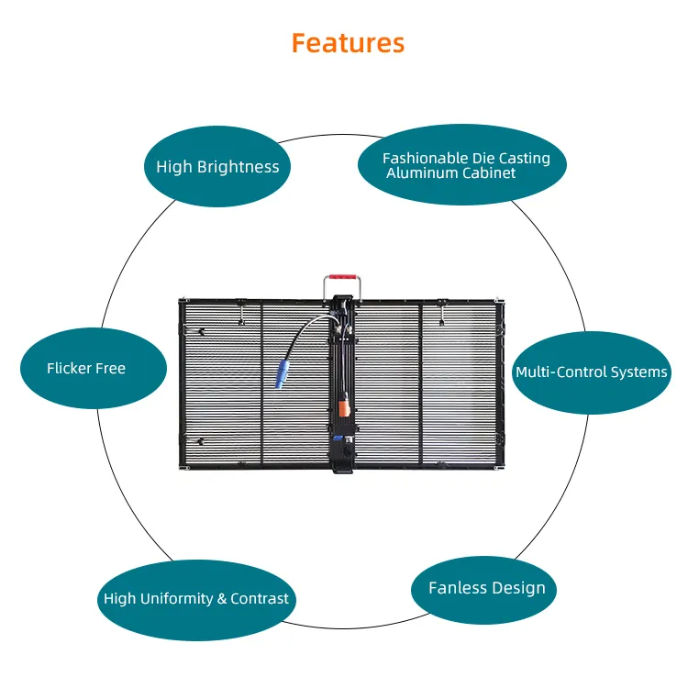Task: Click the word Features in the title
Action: (348, 42)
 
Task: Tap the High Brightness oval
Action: (217, 166)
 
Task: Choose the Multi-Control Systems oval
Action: (591, 372)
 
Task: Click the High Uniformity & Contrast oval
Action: (196, 599)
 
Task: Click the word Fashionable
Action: (425, 158)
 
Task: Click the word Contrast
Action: (260, 599)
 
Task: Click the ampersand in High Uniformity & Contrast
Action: (221, 599)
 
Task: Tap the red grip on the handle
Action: (345, 274)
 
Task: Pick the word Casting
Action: (524, 158)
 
